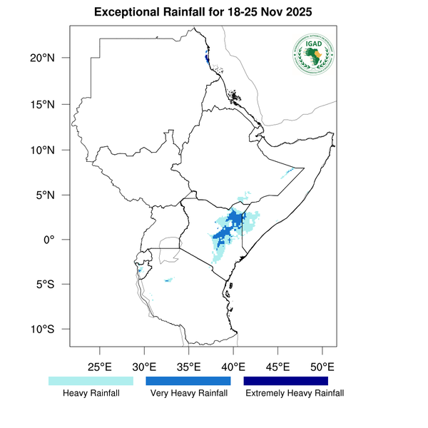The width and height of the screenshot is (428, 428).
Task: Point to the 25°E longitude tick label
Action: [99, 367]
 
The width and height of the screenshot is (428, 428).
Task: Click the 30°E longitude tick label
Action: [144, 367]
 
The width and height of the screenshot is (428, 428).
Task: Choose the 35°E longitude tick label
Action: [188, 367]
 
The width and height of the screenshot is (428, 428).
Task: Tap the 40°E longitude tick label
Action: [233, 367]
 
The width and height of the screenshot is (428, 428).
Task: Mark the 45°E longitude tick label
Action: [277, 367]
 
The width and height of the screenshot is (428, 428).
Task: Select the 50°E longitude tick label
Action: [322, 367]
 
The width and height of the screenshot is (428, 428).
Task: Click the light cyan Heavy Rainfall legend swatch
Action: [91, 381]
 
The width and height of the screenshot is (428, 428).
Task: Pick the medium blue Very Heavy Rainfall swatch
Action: [188, 381]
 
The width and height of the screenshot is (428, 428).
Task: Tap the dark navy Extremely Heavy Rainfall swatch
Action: [286, 381]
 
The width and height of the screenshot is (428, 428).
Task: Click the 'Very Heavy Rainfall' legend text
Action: [188, 393]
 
